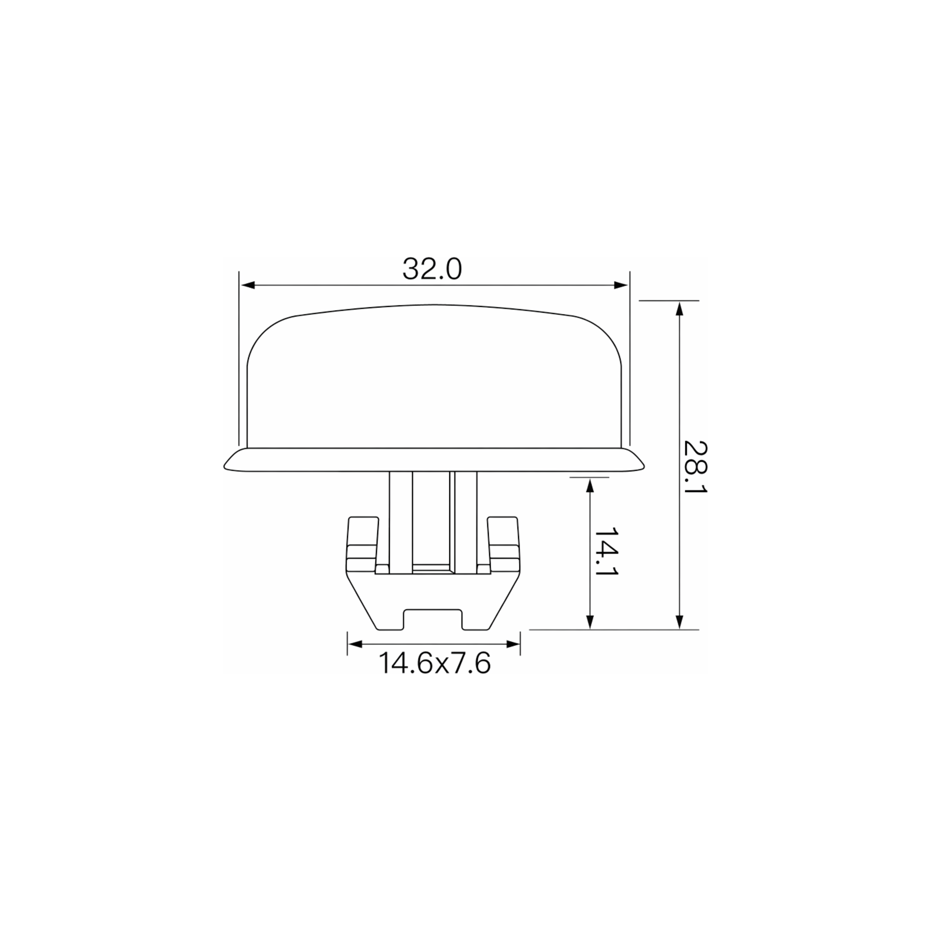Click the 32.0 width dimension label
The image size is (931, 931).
432,269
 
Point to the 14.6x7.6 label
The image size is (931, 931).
434,663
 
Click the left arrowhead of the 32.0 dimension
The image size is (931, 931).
247,285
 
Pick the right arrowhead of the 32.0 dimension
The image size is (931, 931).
622,285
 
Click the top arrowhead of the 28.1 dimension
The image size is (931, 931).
680,308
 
